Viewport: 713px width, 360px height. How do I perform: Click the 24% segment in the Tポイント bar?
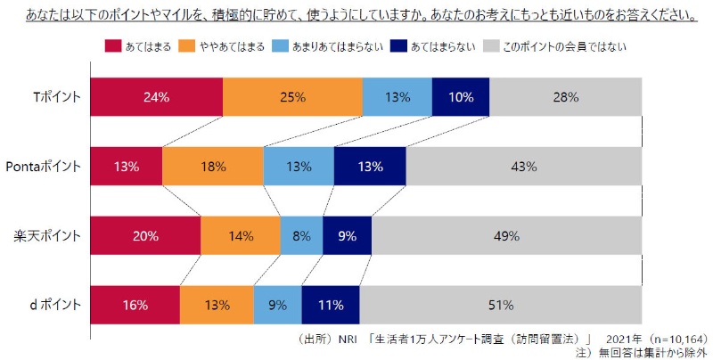click(156, 97)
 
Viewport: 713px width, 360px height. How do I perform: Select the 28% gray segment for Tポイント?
click(565, 97)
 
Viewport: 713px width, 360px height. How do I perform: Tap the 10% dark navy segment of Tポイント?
click(461, 97)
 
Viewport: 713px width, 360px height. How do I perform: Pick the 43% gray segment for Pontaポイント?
click(523, 167)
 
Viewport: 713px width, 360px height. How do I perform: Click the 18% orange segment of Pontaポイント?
click(213, 167)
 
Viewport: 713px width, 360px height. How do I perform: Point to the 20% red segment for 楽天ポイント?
click(145, 236)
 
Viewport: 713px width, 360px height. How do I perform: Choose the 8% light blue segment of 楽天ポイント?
click(301, 236)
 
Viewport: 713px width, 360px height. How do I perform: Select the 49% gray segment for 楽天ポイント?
click(506, 236)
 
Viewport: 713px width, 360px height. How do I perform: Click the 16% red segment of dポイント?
click(135, 306)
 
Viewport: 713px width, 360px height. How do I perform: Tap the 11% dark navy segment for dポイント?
click(331, 306)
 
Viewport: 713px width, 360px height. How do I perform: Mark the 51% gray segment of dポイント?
click(500, 306)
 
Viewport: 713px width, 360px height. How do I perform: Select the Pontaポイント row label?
click(44, 167)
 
